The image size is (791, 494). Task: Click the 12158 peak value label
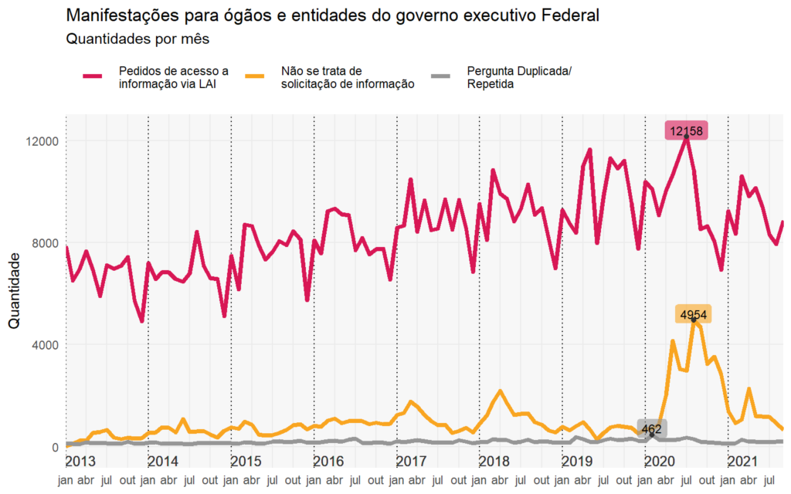pos(686,131)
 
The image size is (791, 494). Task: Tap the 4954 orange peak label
pos(693,314)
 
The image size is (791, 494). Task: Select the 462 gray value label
pos(652,428)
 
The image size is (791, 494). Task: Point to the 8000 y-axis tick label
pos(43,243)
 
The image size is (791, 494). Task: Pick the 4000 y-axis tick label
pos(43,345)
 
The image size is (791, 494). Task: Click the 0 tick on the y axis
pos(53,447)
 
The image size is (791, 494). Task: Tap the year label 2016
pos(328,462)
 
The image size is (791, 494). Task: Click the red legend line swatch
pos(93,76)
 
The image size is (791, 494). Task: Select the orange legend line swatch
pos(255,76)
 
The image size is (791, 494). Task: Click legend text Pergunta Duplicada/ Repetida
pos(518,77)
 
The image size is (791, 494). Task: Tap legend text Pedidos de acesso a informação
pos(173,77)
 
